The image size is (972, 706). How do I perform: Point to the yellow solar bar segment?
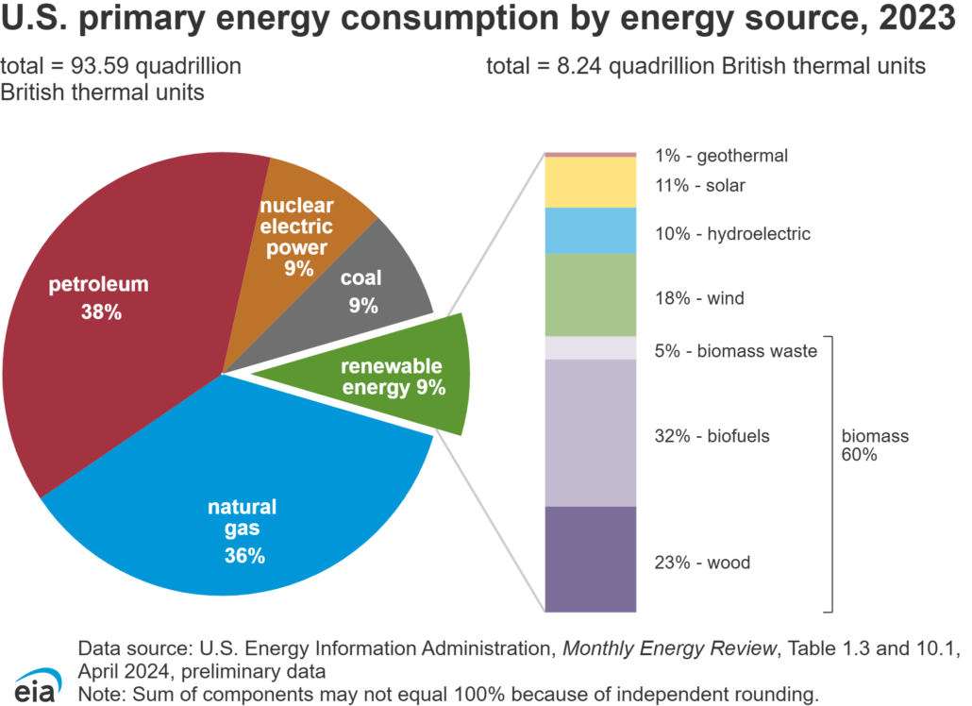592,182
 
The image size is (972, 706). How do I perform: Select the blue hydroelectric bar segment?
592,231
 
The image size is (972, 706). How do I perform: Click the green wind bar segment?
592,295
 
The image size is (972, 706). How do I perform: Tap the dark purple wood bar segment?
592,559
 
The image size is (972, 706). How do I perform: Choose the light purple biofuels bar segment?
592,433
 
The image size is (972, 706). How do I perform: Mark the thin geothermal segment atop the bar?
592,154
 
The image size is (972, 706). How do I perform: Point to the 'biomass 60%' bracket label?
875,445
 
